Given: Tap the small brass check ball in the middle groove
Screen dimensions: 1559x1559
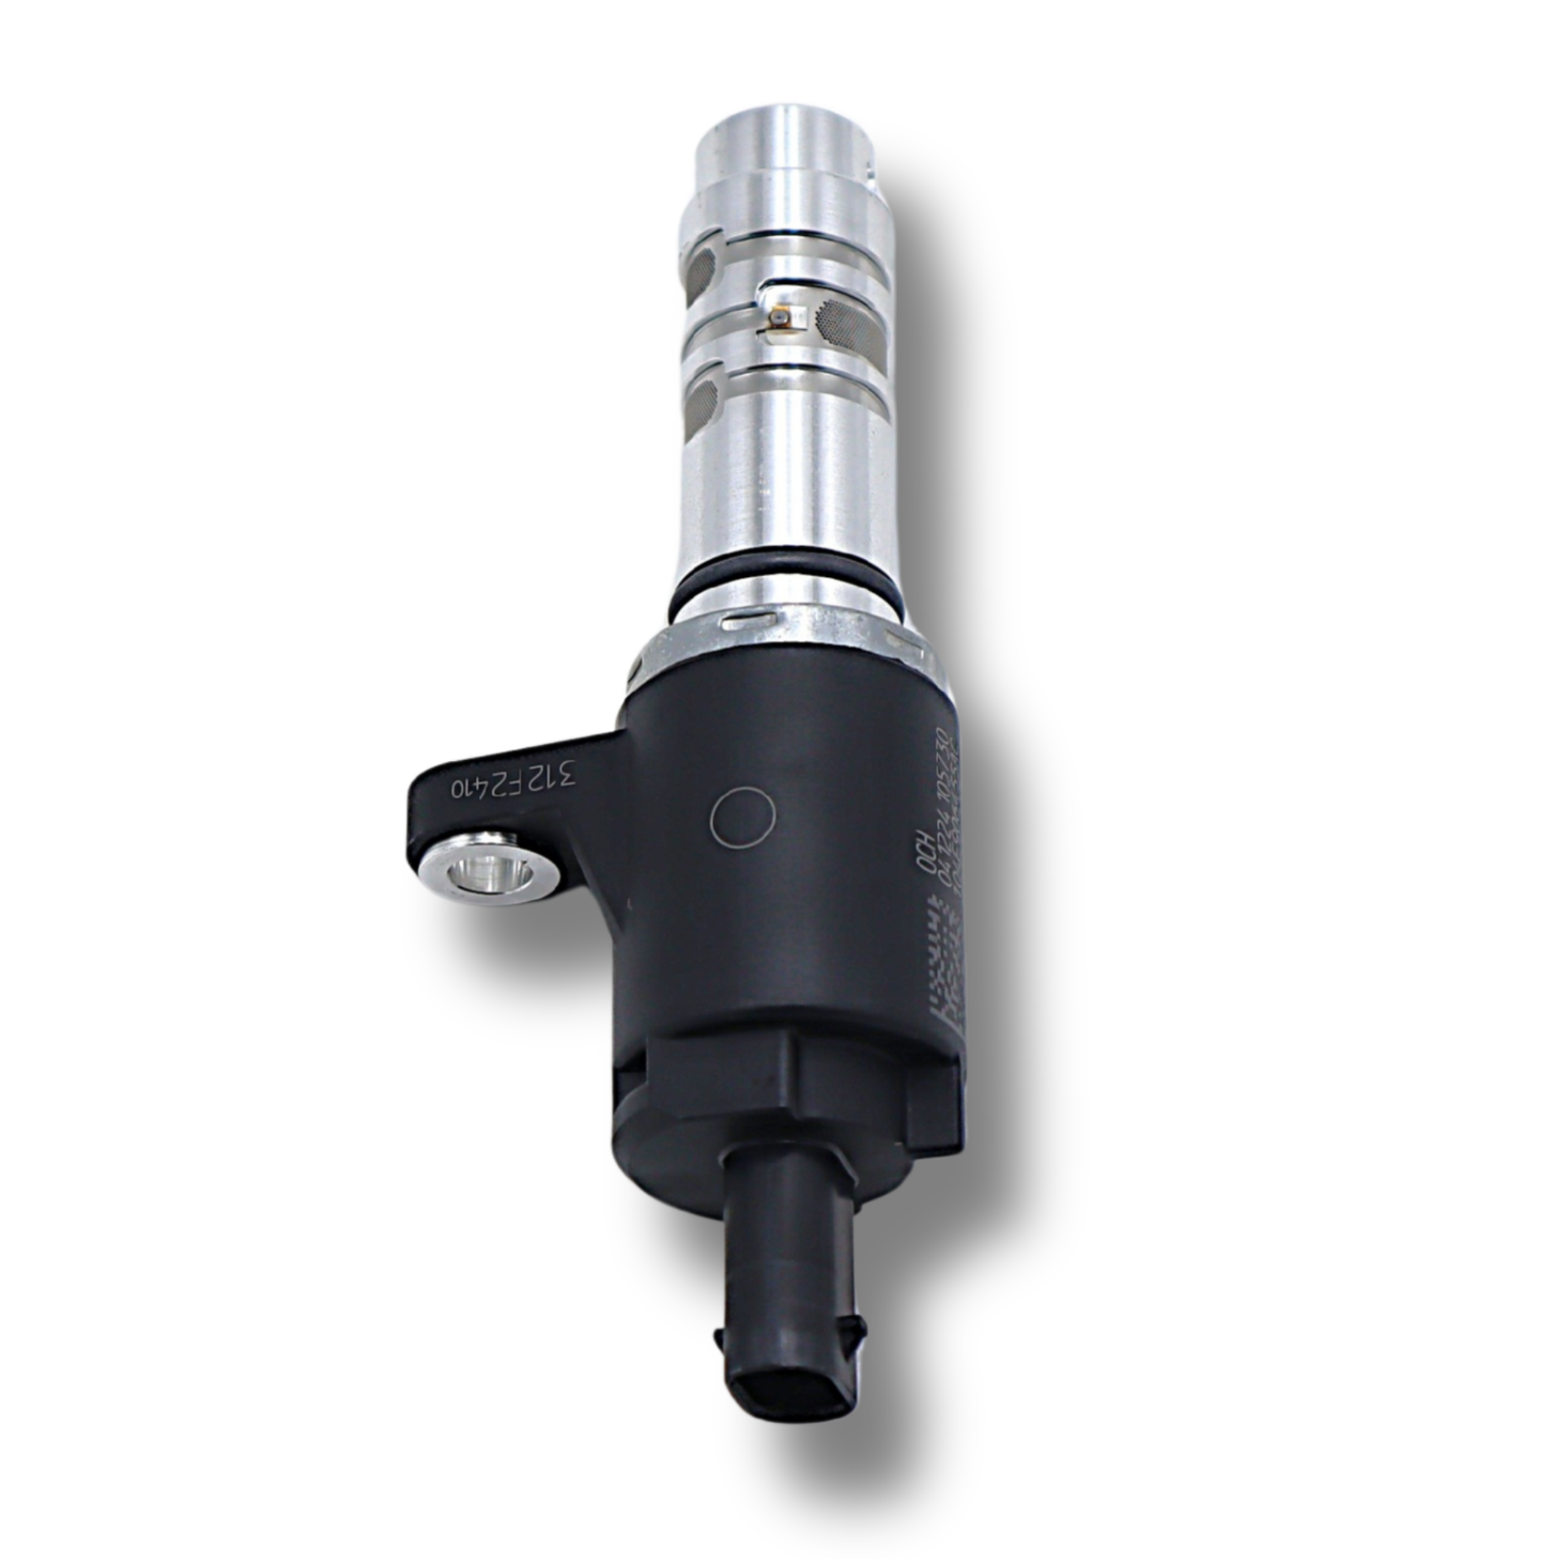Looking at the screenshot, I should coord(779,321).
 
